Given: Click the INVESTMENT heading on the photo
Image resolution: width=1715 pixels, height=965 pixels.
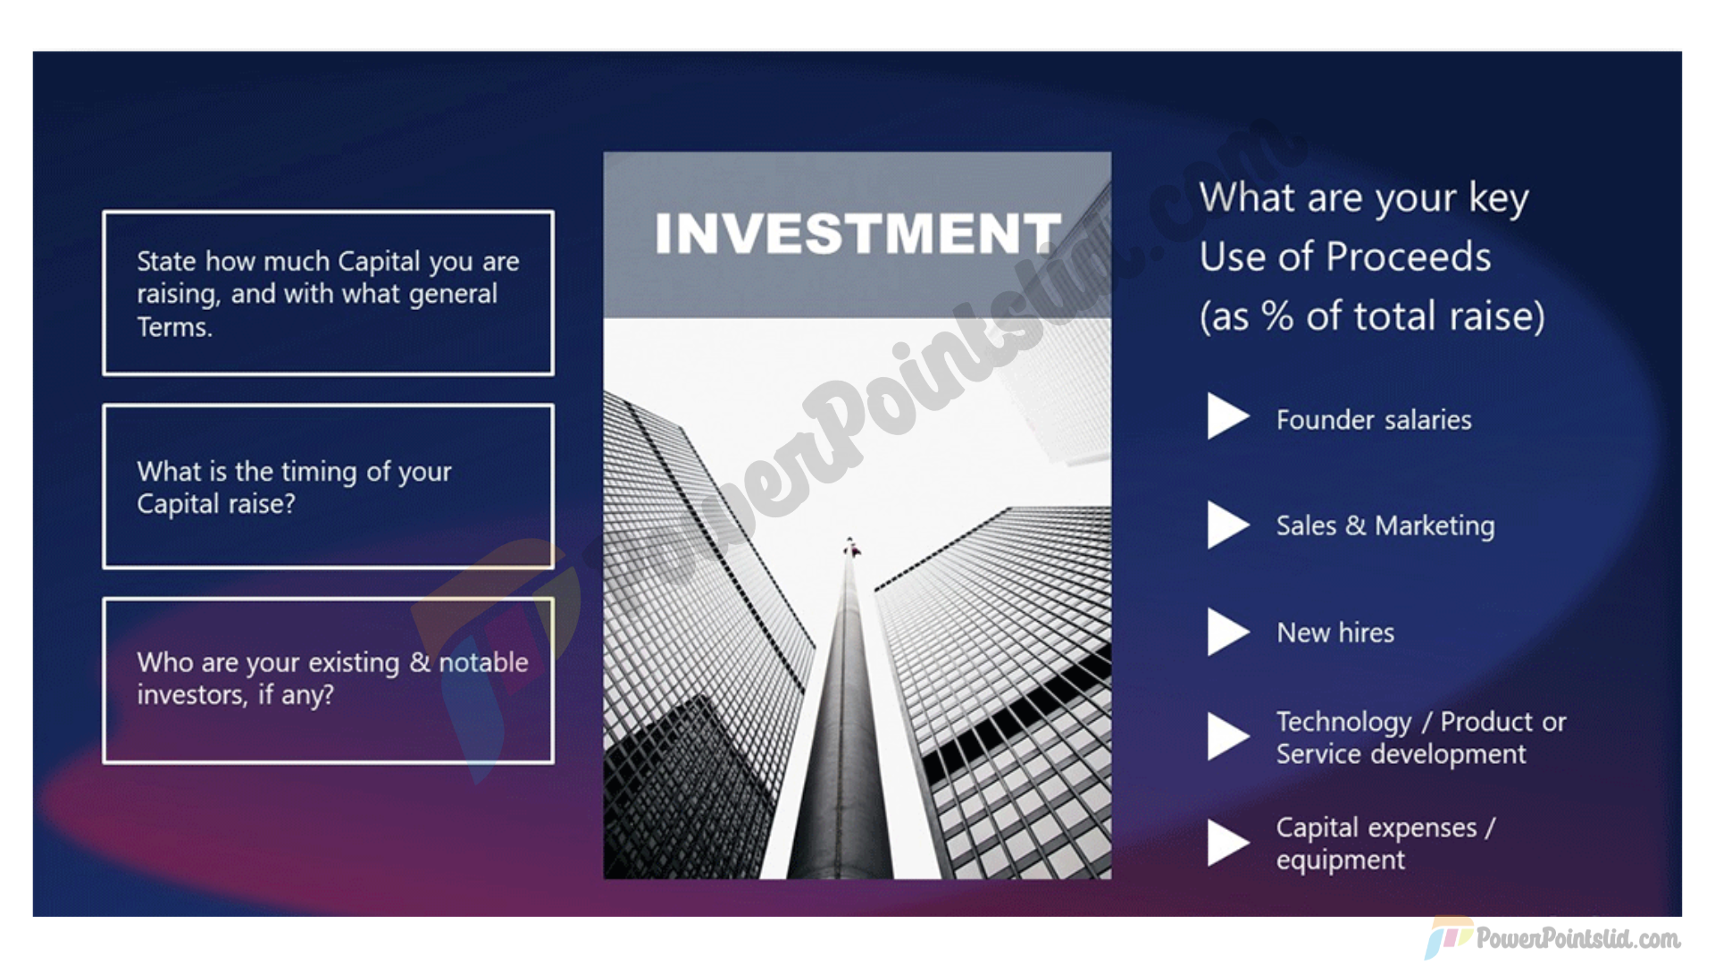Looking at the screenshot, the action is click(x=857, y=233).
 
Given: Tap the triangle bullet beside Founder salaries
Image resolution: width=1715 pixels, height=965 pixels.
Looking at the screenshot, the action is click(x=1228, y=416).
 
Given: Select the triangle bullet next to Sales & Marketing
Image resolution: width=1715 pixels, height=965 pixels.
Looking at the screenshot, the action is click(x=1228, y=524).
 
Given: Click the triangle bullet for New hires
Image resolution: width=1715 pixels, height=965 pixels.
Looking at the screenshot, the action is click(x=1228, y=632).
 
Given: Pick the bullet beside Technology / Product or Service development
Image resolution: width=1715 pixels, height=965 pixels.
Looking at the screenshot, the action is click(x=1228, y=736).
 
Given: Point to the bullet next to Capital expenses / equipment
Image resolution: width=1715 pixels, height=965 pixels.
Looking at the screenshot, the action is click(x=1228, y=843).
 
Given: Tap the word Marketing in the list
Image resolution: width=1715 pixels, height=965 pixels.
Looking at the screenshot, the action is click(x=1435, y=526).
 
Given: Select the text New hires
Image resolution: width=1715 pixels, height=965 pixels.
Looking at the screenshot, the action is click(x=1335, y=633).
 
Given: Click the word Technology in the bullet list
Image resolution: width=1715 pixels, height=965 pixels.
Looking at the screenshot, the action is click(x=1344, y=723).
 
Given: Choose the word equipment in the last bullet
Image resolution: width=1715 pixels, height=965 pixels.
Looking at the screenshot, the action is click(x=1341, y=860).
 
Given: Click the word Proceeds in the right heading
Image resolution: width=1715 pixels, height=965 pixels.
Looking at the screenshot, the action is click(x=1409, y=257).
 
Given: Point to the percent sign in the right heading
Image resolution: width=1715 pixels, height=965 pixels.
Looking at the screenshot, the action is click(x=1277, y=316).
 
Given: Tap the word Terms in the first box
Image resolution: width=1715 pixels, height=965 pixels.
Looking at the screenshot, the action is click(x=174, y=327).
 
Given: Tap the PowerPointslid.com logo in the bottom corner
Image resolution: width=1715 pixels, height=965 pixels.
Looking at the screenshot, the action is click(x=1552, y=938).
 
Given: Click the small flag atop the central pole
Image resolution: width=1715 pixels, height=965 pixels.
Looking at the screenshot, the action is click(x=851, y=547).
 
